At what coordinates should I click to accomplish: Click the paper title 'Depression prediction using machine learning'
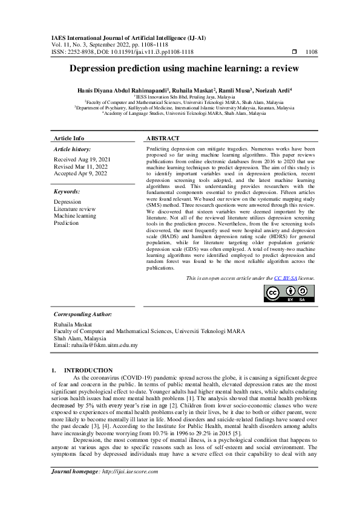180,69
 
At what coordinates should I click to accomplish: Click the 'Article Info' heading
69,138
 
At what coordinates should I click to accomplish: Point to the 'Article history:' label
73,149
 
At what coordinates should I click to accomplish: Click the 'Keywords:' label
67,192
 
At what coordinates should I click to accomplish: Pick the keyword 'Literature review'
74,209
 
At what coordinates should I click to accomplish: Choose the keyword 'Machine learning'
74,216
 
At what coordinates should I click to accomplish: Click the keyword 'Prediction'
66,223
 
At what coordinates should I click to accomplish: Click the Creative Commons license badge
290,293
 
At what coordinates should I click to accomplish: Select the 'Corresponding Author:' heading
82,314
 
